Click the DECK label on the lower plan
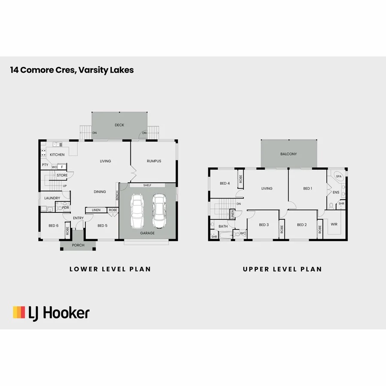(x=119, y=125)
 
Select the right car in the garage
(x=159, y=211)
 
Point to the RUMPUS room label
(x=154, y=161)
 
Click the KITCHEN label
(x=57, y=155)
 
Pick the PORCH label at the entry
(x=78, y=245)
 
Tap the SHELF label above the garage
(x=147, y=185)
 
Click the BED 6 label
(x=53, y=226)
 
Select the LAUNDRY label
(x=52, y=198)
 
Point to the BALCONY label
(x=289, y=154)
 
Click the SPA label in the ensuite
(x=338, y=176)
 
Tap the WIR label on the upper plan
(x=334, y=223)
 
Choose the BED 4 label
(x=225, y=184)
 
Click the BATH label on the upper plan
(x=223, y=226)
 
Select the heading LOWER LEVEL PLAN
(x=110, y=269)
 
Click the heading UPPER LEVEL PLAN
(x=282, y=269)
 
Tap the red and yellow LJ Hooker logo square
(x=19, y=312)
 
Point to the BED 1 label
(x=308, y=189)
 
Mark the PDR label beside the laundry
(x=66, y=208)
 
